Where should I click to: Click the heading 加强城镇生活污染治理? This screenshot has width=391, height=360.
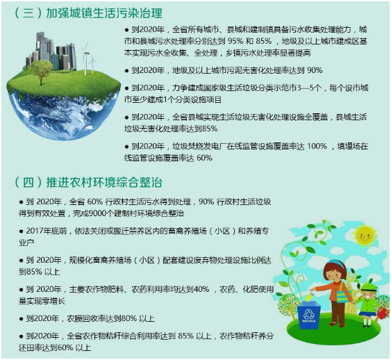click(x=104, y=13)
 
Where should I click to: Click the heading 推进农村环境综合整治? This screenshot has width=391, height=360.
click(x=104, y=182)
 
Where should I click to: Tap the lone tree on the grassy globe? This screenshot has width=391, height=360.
click(x=41, y=72)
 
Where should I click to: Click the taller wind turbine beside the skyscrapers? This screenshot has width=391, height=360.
click(x=85, y=58)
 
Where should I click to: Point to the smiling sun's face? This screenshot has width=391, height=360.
click(x=365, y=236)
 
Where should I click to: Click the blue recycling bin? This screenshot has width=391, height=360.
click(x=309, y=315)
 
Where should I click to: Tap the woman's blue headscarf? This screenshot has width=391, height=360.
click(x=336, y=264)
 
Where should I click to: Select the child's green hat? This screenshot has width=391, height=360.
click(x=369, y=288)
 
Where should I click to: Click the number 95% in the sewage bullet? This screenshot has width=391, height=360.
click(x=235, y=41)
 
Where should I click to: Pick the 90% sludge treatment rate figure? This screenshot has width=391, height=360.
click(x=315, y=70)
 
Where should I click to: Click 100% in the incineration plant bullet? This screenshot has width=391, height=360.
click(x=317, y=146)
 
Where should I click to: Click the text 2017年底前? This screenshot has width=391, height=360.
click(x=47, y=231)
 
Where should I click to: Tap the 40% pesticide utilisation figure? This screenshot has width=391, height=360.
click(x=201, y=289)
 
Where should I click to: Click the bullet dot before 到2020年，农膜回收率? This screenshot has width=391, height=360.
click(x=22, y=319)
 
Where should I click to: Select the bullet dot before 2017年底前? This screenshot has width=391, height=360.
click(x=22, y=231)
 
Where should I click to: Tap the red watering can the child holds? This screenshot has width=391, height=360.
click(x=383, y=313)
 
